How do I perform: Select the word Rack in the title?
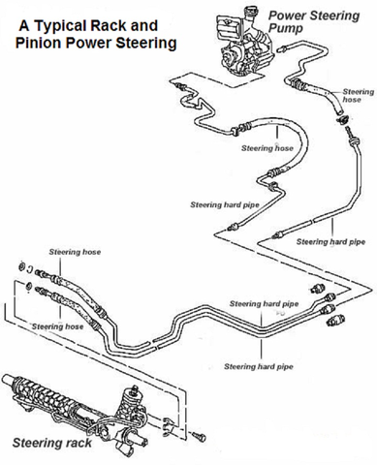[126, 19]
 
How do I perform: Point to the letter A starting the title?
[24, 19]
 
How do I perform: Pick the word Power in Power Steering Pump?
[288, 15]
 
